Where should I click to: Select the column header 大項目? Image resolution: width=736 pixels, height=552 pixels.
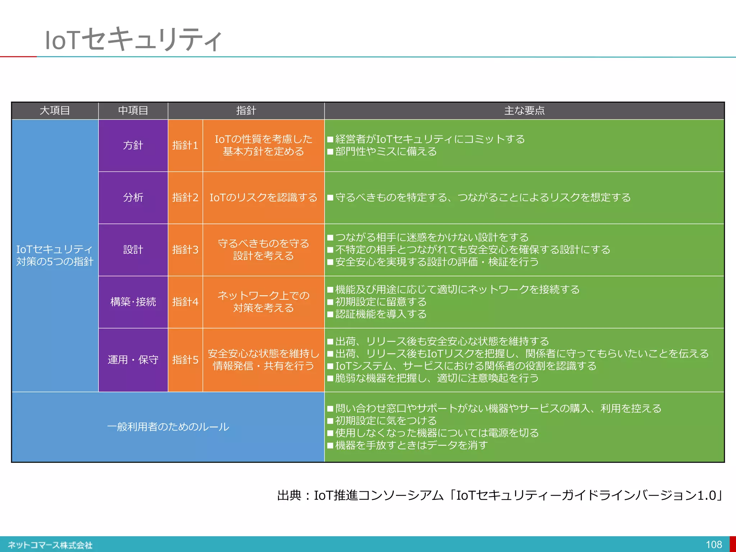[x=55, y=110]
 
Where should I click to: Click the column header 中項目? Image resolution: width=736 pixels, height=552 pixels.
[x=133, y=110]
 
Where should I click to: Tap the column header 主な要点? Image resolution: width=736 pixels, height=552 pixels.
[x=524, y=110]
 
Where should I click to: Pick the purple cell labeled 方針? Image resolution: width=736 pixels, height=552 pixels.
[x=133, y=145]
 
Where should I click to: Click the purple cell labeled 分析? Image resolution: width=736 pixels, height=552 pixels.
[x=133, y=197]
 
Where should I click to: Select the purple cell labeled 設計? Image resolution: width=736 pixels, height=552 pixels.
[x=133, y=249]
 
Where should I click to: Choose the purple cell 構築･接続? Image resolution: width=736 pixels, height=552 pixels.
[x=133, y=302]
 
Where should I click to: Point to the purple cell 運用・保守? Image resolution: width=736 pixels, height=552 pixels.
[x=133, y=359]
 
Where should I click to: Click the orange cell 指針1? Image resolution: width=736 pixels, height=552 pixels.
[x=185, y=145]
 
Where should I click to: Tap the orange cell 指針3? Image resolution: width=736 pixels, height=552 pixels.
[x=185, y=249]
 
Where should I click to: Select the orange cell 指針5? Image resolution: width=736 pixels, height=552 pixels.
[x=185, y=359]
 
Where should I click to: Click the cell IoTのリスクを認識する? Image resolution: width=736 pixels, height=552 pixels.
[x=263, y=197]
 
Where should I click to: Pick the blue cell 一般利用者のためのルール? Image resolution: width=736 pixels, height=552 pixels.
[x=168, y=427]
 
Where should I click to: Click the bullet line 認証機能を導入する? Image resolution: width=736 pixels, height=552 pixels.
[x=381, y=314]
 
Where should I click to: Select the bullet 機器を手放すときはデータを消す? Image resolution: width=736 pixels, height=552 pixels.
[x=411, y=445]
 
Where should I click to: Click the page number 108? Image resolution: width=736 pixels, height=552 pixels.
[x=714, y=544]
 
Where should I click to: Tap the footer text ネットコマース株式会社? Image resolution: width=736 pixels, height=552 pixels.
[x=50, y=545]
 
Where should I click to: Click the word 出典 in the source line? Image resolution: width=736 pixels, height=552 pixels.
[x=289, y=496]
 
